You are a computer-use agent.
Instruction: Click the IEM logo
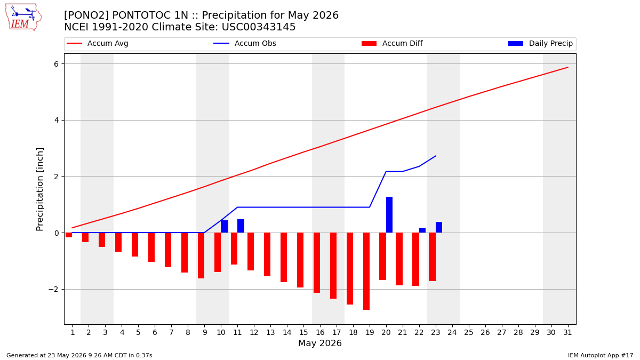click(x=23, y=18)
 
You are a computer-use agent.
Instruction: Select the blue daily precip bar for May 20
click(x=389, y=215)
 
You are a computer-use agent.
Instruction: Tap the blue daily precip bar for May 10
click(x=225, y=226)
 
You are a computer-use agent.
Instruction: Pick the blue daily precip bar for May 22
click(x=422, y=230)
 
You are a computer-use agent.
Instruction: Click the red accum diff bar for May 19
click(x=366, y=271)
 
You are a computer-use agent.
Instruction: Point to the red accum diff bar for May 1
click(x=69, y=235)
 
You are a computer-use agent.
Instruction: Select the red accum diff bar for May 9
click(x=201, y=255)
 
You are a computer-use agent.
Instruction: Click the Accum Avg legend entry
click(x=98, y=43)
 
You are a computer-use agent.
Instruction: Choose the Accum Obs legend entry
click(x=245, y=43)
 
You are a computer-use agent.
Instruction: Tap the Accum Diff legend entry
click(x=392, y=43)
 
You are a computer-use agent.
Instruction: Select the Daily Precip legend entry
click(x=541, y=43)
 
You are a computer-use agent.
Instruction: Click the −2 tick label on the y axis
click(x=53, y=290)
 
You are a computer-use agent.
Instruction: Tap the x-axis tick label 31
click(x=567, y=332)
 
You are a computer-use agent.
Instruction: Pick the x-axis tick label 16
click(x=320, y=332)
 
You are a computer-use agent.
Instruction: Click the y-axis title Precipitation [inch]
click(x=39, y=189)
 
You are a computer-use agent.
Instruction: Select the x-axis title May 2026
click(x=320, y=343)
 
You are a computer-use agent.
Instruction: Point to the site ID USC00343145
click(x=259, y=27)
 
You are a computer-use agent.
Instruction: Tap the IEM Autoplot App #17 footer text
click(x=601, y=355)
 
